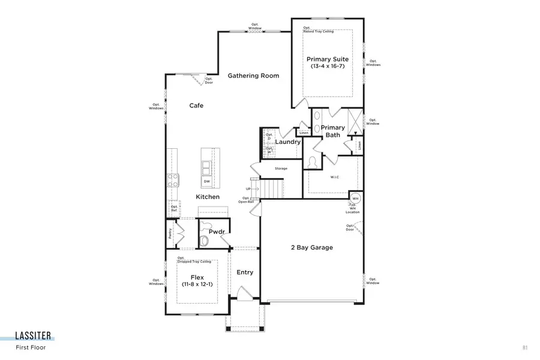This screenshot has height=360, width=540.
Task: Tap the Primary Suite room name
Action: click(328, 59)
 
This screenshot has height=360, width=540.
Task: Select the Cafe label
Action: click(196, 106)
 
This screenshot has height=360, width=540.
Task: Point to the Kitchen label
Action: click(207, 197)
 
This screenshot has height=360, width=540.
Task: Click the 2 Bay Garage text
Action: click(311, 247)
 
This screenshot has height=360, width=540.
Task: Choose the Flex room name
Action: click(198, 277)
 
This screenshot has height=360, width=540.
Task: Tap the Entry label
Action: click(245, 272)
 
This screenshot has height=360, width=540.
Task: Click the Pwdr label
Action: click(217, 231)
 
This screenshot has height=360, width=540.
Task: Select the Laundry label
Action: click(288, 142)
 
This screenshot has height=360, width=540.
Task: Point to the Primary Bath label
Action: click(332, 131)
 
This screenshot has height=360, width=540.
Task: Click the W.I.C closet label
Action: click(335, 177)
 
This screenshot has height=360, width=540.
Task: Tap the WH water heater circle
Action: click(355, 199)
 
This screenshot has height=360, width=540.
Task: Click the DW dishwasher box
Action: click(206, 181)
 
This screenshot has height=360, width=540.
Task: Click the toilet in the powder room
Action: click(205, 241)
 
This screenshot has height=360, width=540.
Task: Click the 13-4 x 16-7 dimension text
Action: click(328, 67)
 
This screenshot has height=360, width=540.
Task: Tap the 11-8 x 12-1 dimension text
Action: click(198, 285)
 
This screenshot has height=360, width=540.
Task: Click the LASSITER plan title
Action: click(34, 336)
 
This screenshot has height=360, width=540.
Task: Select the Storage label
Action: click(281, 169)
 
